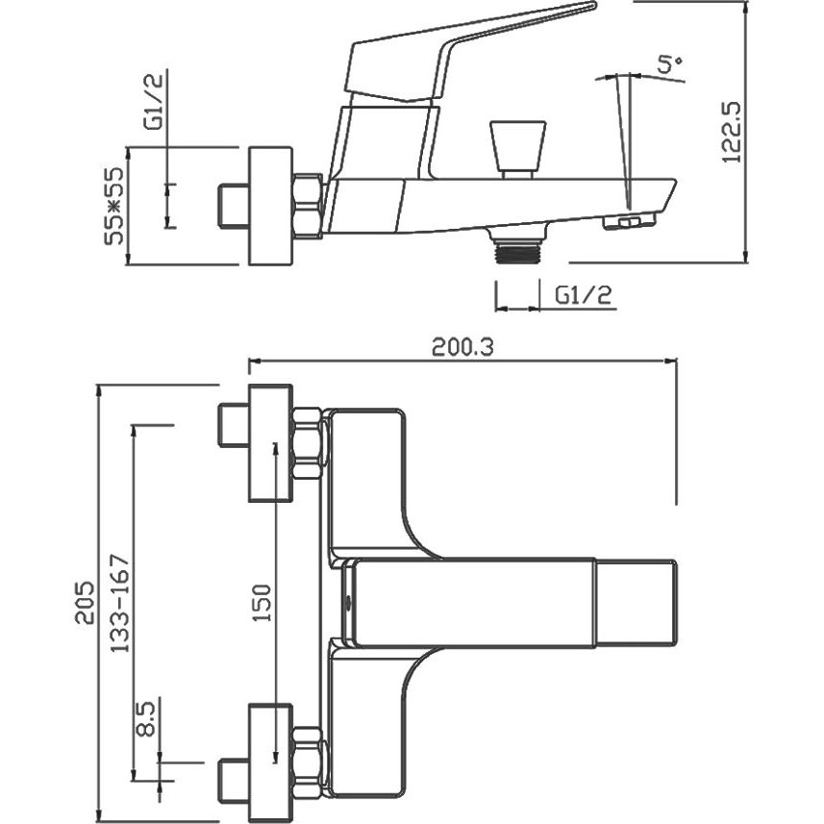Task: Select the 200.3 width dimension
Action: pos(463,347)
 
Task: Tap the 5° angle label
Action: pos(669,64)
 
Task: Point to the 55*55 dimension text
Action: pos(113,206)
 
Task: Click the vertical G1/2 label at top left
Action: pos(154,101)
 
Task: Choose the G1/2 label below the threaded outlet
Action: pos(584,295)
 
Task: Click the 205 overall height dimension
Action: pos(86,602)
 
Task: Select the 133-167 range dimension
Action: pos(120,603)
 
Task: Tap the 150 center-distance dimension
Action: pos(262,602)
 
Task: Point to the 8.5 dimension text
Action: pos(145,718)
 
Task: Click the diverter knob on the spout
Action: pos(517,149)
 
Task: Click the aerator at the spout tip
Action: pos(630,221)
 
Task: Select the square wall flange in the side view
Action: pos(270,206)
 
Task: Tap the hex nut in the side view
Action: pos(308,206)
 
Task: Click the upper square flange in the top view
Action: pos(270,443)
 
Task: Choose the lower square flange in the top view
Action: pos(270,762)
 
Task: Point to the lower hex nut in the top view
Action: pos(308,762)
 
